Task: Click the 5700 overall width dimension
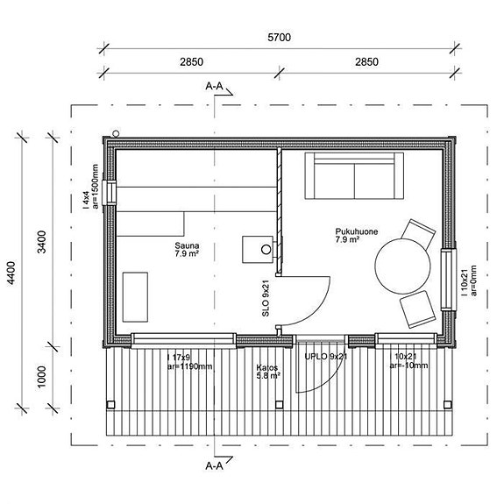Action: (279, 38)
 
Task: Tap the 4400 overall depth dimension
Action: (11, 273)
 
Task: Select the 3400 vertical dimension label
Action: (42, 242)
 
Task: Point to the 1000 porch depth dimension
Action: (42, 377)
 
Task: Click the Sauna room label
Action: (187, 250)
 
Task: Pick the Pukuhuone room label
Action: (357, 235)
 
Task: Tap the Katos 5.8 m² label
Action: (268, 372)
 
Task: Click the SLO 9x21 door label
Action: (266, 298)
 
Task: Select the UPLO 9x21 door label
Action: (325, 356)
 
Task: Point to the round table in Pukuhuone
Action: (402, 266)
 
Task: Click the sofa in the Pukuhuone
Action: (354, 176)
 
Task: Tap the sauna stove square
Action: (258, 250)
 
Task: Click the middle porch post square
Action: (279, 404)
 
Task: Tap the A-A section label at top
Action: (214, 86)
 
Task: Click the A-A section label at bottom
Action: (214, 465)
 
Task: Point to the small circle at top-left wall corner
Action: (116, 132)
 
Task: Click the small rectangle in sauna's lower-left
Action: (135, 297)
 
